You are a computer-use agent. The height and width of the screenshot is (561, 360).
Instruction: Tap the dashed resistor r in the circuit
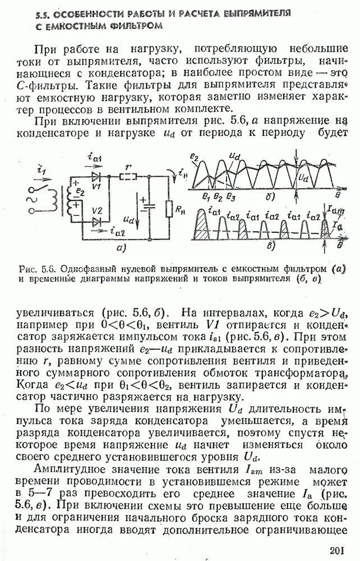click(x=130, y=176)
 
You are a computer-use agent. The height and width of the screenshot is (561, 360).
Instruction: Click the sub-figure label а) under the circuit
click(x=119, y=246)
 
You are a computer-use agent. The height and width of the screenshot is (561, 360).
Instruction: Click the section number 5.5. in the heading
click(x=41, y=12)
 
